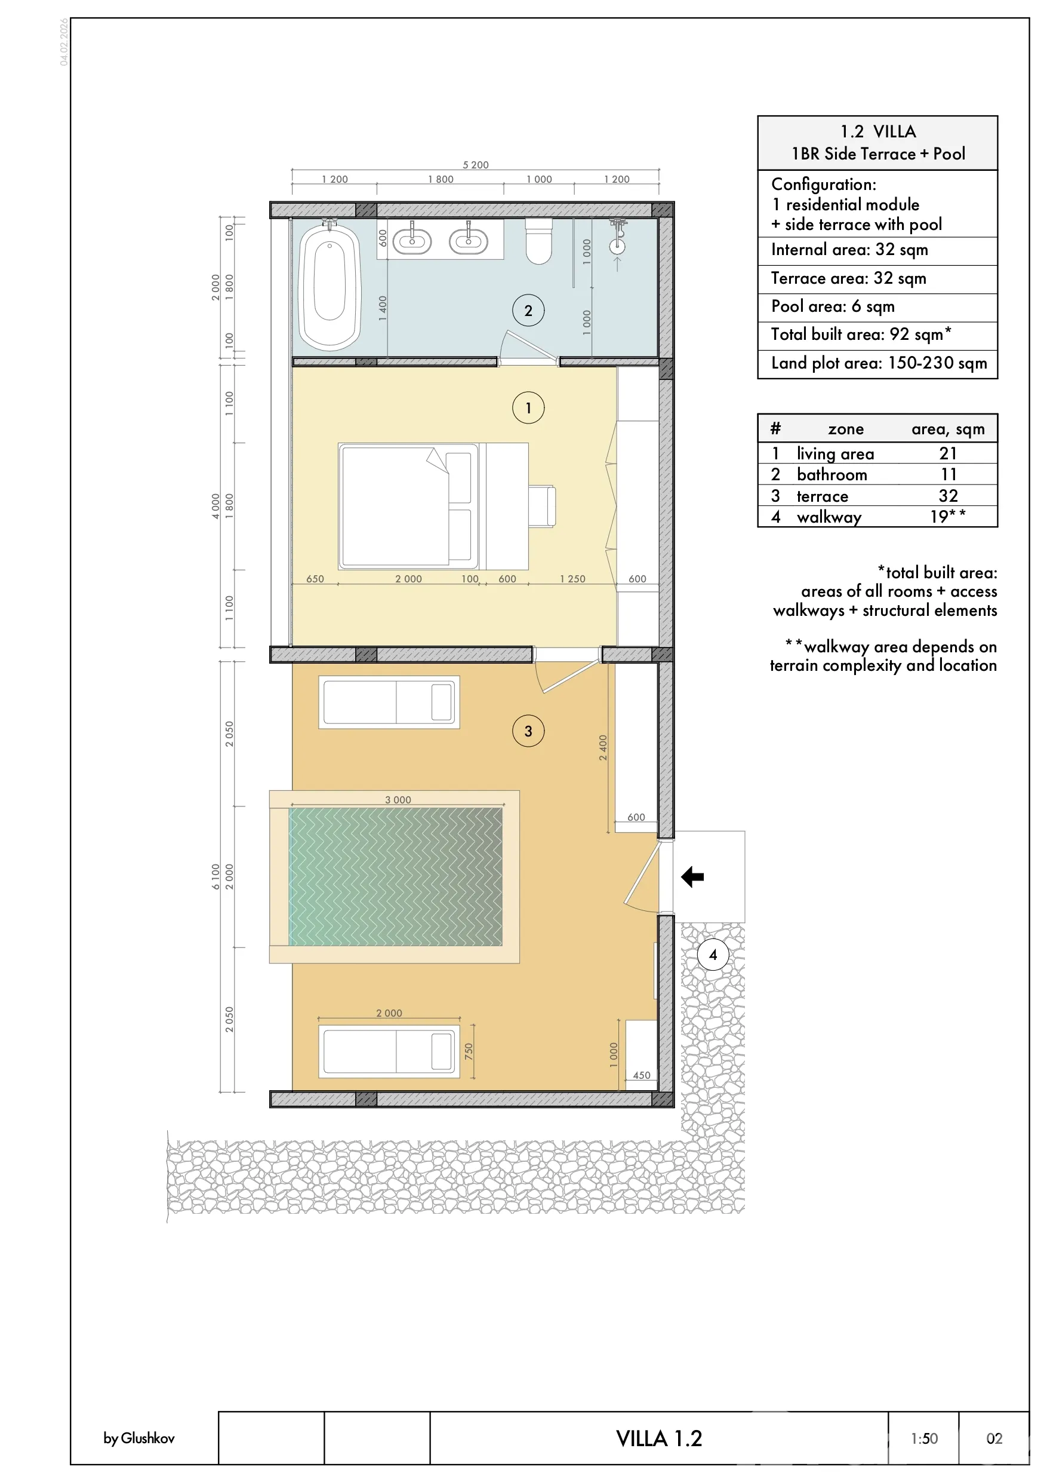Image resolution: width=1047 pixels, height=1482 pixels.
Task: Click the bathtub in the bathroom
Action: click(x=330, y=286)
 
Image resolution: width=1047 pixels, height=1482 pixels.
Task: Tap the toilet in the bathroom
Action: click(x=538, y=241)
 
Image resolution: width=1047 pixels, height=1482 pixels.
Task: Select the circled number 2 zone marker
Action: click(x=528, y=311)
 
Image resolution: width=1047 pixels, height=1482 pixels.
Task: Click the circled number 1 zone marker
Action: click(x=528, y=408)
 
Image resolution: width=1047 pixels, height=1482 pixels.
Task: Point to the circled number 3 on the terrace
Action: click(x=528, y=731)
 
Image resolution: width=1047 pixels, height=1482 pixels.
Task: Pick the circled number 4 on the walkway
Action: click(x=713, y=955)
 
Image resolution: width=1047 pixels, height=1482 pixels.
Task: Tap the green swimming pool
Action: click(x=395, y=876)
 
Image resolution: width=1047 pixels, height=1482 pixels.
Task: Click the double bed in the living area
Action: click(x=409, y=506)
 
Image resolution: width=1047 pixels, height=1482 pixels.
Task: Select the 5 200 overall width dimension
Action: click(x=475, y=165)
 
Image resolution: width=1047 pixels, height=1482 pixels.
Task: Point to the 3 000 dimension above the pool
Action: click(x=398, y=800)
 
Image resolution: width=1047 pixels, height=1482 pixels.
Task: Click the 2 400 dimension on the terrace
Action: click(x=603, y=747)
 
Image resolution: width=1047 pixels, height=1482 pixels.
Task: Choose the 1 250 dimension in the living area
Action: click(x=573, y=579)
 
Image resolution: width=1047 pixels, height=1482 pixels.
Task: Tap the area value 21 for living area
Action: click(x=948, y=453)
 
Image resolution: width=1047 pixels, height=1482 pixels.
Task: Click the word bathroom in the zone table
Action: click(x=832, y=474)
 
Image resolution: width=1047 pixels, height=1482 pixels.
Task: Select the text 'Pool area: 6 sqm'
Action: click(x=833, y=306)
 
